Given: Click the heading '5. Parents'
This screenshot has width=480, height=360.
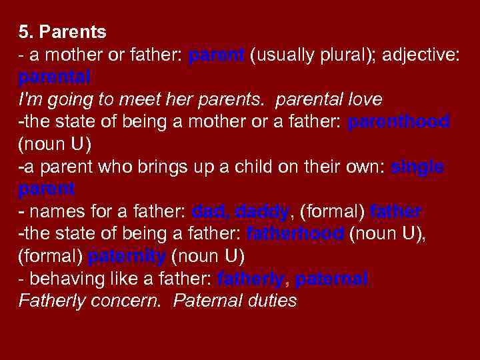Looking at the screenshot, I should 63,31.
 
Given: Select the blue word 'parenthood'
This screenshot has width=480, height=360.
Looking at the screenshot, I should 399,121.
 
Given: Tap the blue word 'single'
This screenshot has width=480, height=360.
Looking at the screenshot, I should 417,167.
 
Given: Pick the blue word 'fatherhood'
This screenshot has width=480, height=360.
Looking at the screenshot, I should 295,234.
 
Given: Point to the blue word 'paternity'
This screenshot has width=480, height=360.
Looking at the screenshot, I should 127,257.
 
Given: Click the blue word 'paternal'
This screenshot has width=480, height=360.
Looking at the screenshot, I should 331,279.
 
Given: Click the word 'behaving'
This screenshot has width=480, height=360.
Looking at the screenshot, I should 62,279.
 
